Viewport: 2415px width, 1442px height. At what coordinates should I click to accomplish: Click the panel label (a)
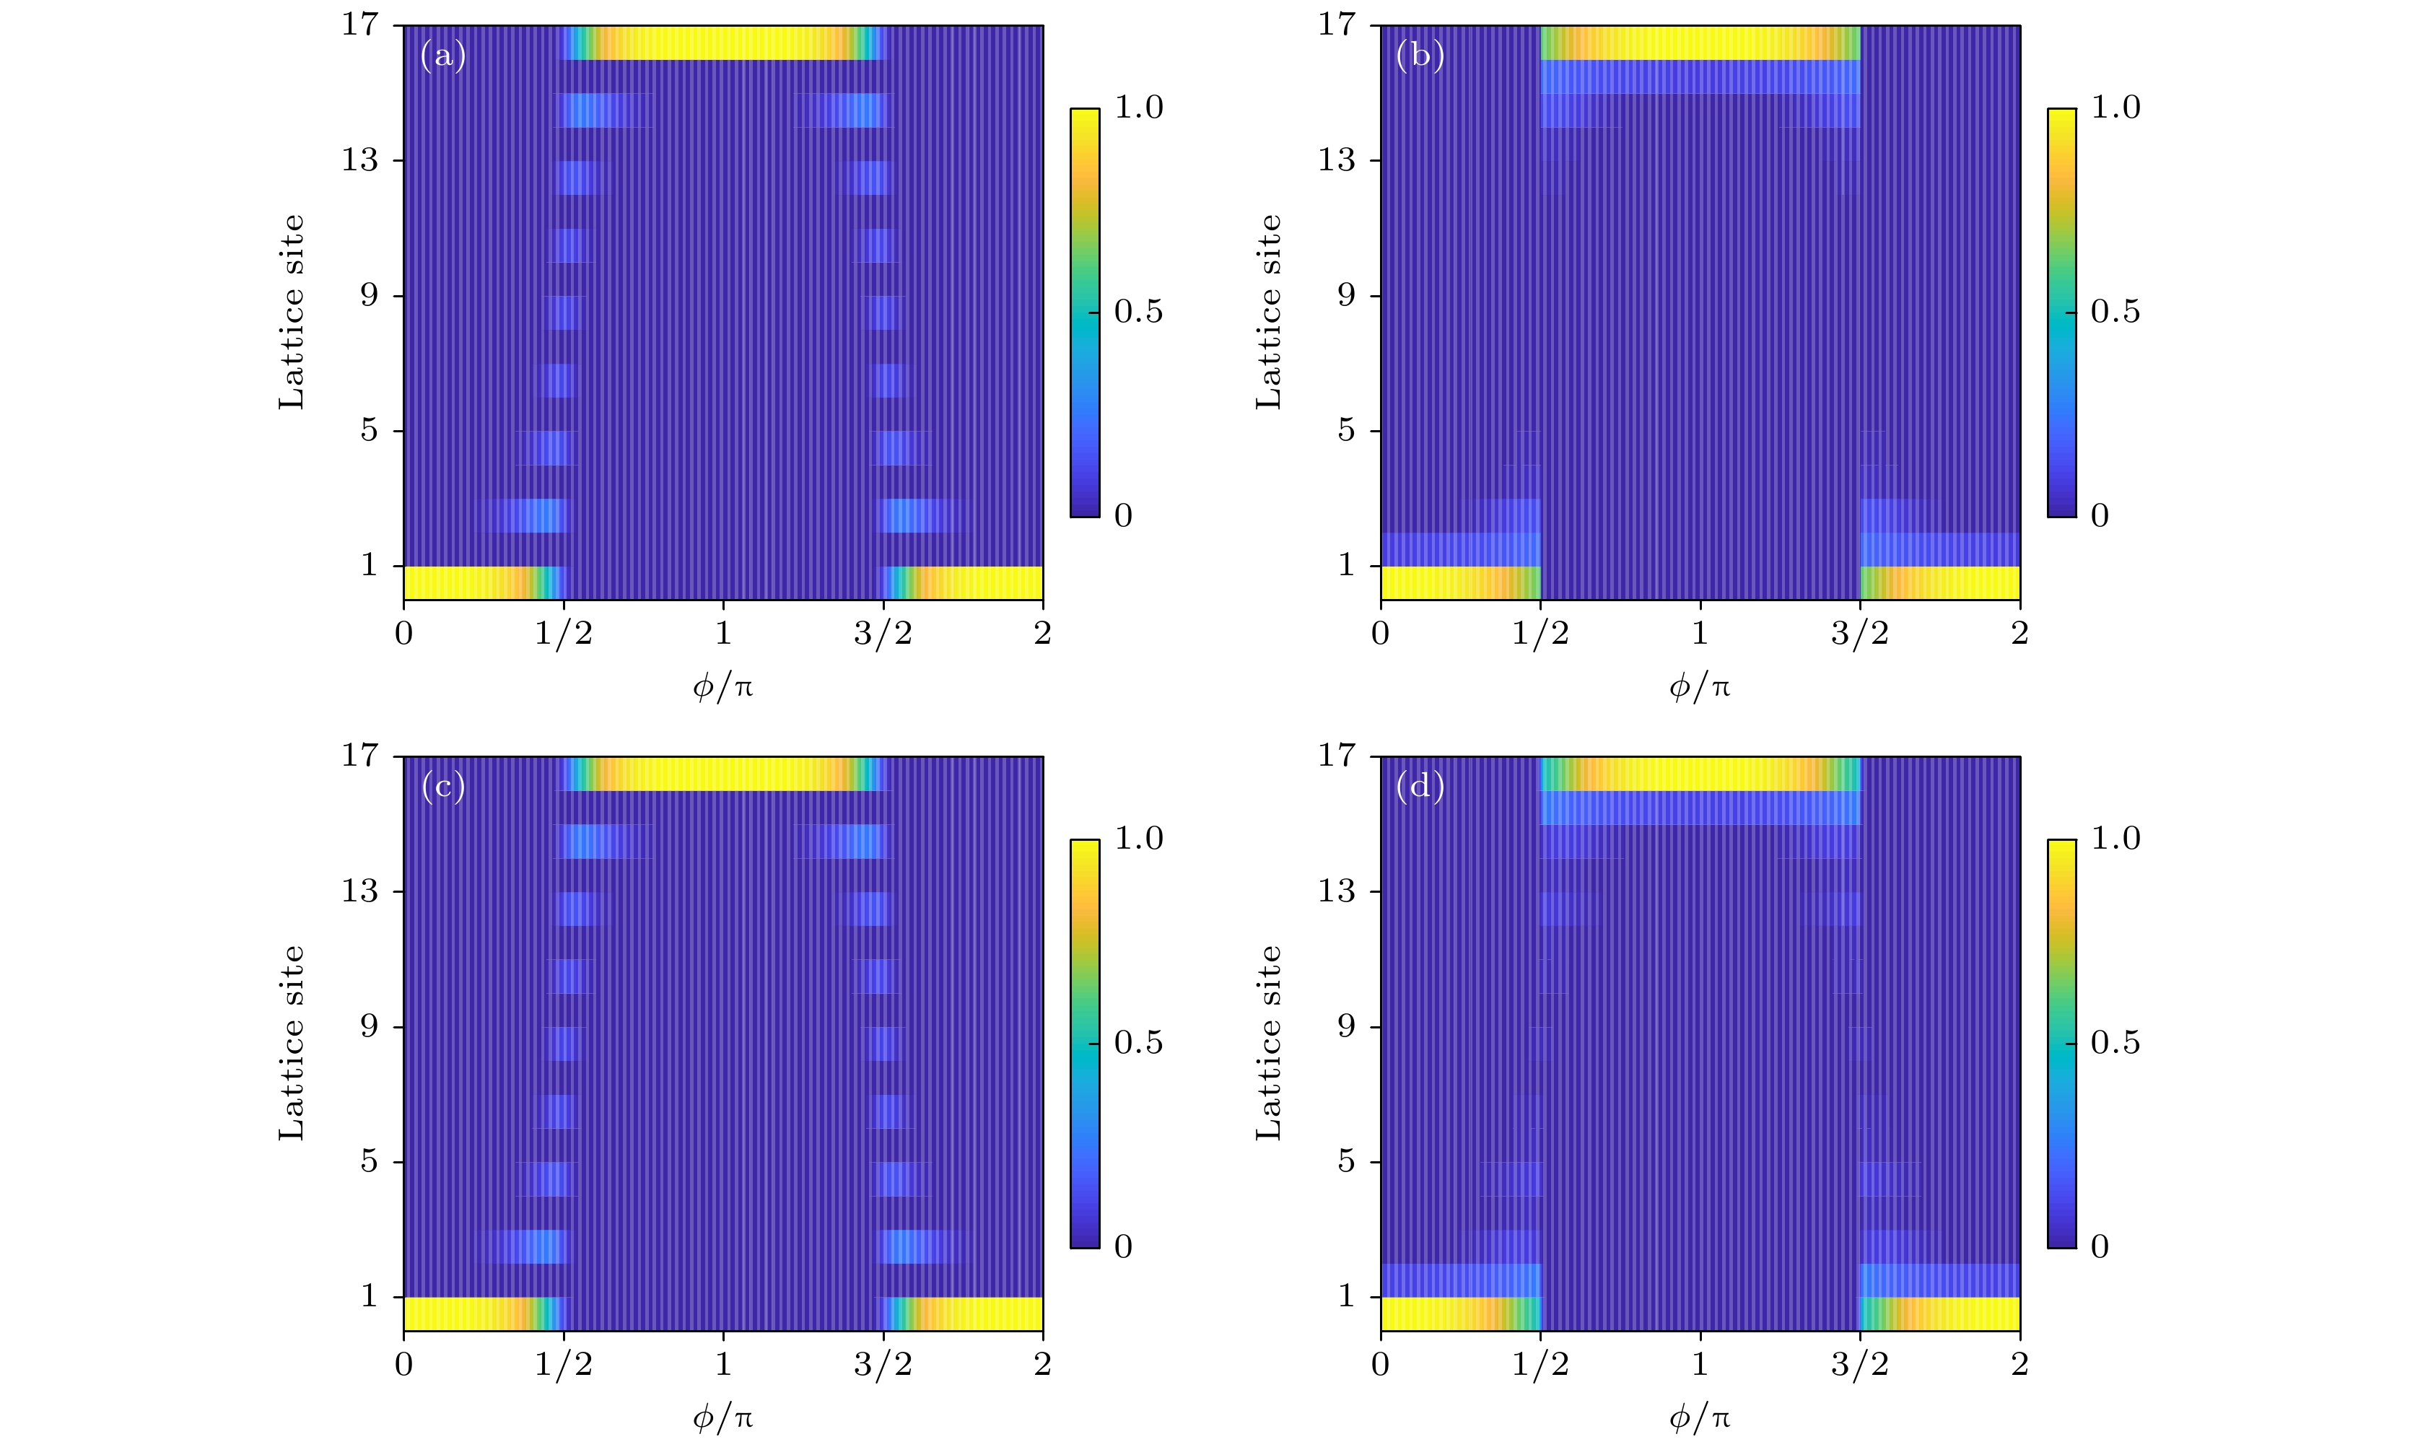point(443,56)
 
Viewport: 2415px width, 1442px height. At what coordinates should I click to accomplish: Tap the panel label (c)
point(443,787)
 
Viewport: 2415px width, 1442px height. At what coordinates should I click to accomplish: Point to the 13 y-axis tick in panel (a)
point(359,160)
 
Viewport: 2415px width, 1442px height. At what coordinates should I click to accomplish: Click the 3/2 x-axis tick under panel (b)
point(1859,634)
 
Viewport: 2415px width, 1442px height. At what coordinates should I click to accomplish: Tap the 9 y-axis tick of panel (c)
point(369,1026)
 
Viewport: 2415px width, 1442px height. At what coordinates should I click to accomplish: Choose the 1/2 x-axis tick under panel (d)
point(1540,1364)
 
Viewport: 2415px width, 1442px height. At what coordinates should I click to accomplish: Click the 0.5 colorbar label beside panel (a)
point(1137,312)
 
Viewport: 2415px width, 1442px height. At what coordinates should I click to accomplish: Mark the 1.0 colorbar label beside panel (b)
point(2115,108)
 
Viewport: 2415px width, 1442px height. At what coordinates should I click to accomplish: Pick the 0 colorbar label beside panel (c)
point(1123,1246)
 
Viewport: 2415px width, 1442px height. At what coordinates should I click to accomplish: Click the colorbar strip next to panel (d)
point(2061,1043)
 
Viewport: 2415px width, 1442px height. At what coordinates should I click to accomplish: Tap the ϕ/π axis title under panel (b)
point(1699,688)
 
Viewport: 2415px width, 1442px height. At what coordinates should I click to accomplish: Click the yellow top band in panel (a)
point(724,43)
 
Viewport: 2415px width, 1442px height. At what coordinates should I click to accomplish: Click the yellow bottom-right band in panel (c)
point(981,1313)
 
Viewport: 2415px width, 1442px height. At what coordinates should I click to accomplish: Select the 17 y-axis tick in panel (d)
point(1336,755)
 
